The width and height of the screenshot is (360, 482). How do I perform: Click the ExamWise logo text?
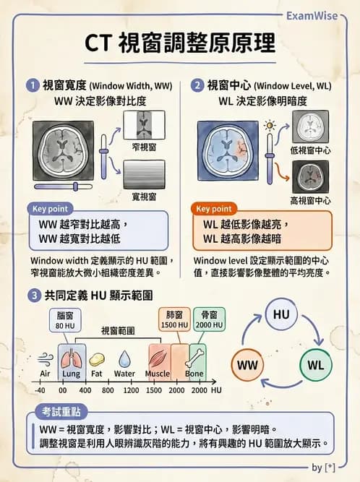315,15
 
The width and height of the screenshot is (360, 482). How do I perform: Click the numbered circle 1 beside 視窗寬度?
33,85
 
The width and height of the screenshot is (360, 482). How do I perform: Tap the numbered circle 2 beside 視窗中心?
198,85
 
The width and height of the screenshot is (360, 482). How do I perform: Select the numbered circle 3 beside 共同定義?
33,295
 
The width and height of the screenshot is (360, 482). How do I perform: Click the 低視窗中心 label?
310,150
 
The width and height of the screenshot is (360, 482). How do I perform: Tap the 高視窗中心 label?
310,200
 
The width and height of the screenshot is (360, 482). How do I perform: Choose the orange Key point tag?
215,209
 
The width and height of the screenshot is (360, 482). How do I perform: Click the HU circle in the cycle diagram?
281,314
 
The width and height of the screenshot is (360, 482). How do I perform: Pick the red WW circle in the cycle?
247,365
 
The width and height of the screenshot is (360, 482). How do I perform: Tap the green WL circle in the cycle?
315,365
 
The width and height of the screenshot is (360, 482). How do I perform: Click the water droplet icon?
124,358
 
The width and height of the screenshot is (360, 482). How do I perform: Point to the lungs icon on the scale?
71,358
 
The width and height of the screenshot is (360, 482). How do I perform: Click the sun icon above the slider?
270,126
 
